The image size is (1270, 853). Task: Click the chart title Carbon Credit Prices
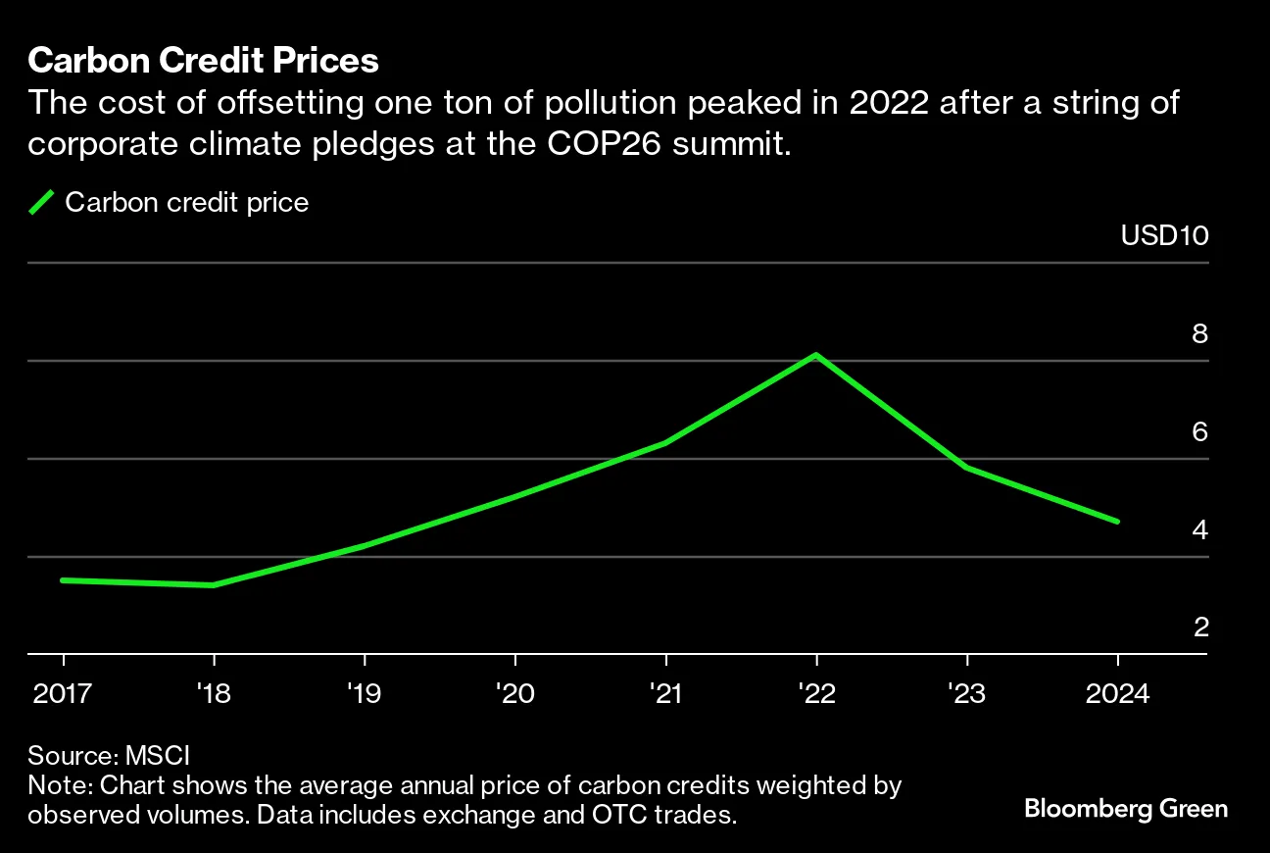pos(203,61)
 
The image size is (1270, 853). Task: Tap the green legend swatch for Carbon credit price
pos(41,203)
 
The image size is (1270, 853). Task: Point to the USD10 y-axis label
pos(1164,236)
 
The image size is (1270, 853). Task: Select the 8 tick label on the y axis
pos(1199,334)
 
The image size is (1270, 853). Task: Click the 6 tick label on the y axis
pos(1199,432)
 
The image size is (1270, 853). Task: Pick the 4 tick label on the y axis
pos(1199,530)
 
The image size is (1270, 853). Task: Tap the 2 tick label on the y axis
pos(1199,627)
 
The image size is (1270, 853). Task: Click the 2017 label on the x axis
pos(63,694)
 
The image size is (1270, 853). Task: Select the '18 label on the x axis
pos(214,694)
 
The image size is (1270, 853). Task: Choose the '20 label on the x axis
pos(514,694)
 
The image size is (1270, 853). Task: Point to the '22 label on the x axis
pos(815,694)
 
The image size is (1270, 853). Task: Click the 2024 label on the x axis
pos(1118,694)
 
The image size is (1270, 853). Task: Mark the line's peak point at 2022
pos(815,355)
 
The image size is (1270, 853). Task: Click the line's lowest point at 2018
pos(214,585)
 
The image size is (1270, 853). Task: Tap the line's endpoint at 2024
pos(1118,522)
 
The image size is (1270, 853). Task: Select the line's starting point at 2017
pos(63,580)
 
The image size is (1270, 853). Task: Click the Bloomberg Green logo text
pos(1126,809)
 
